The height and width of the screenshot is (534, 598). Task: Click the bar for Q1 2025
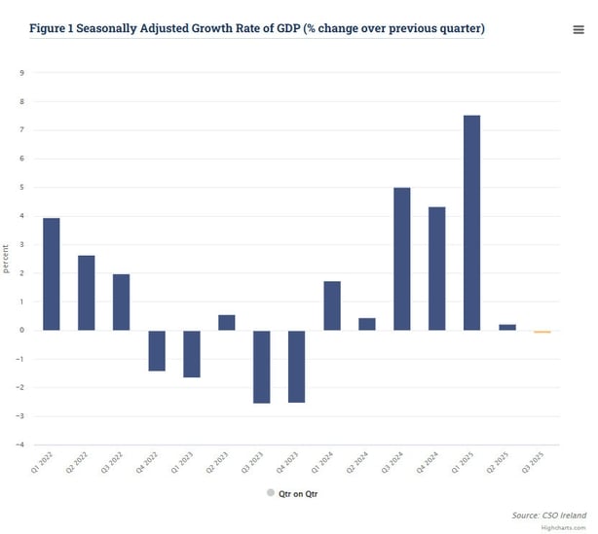click(x=471, y=223)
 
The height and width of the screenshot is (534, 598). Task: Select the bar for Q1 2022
click(x=52, y=274)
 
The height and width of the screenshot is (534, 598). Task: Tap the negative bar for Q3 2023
click(x=261, y=367)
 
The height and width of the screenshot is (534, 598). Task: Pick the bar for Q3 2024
click(x=401, y=259)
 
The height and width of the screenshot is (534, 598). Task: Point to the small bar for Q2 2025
click(x=506, y=327)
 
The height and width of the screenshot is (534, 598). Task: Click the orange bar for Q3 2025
click(x=542, y=332)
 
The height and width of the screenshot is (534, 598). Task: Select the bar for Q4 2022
click(x=156, y=350)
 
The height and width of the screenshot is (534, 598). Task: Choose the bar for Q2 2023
click(x=226, y=322)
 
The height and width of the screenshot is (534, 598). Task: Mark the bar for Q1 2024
click(x=331, y=305)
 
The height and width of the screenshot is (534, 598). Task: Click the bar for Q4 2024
click(x=436, y=268)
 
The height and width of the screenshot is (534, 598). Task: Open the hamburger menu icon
click(x=579, y=30)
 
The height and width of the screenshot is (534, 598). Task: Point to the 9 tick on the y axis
click(x=22, y=73)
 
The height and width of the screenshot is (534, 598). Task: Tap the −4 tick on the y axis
click(x=20, y=445)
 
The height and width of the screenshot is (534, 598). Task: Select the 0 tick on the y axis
click(x=22, y=331)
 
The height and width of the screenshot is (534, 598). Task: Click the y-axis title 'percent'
click(x=7, y=259)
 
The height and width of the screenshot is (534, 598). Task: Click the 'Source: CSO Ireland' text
click(x=549, y=515)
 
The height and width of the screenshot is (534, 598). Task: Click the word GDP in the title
click(x=288, y=28)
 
